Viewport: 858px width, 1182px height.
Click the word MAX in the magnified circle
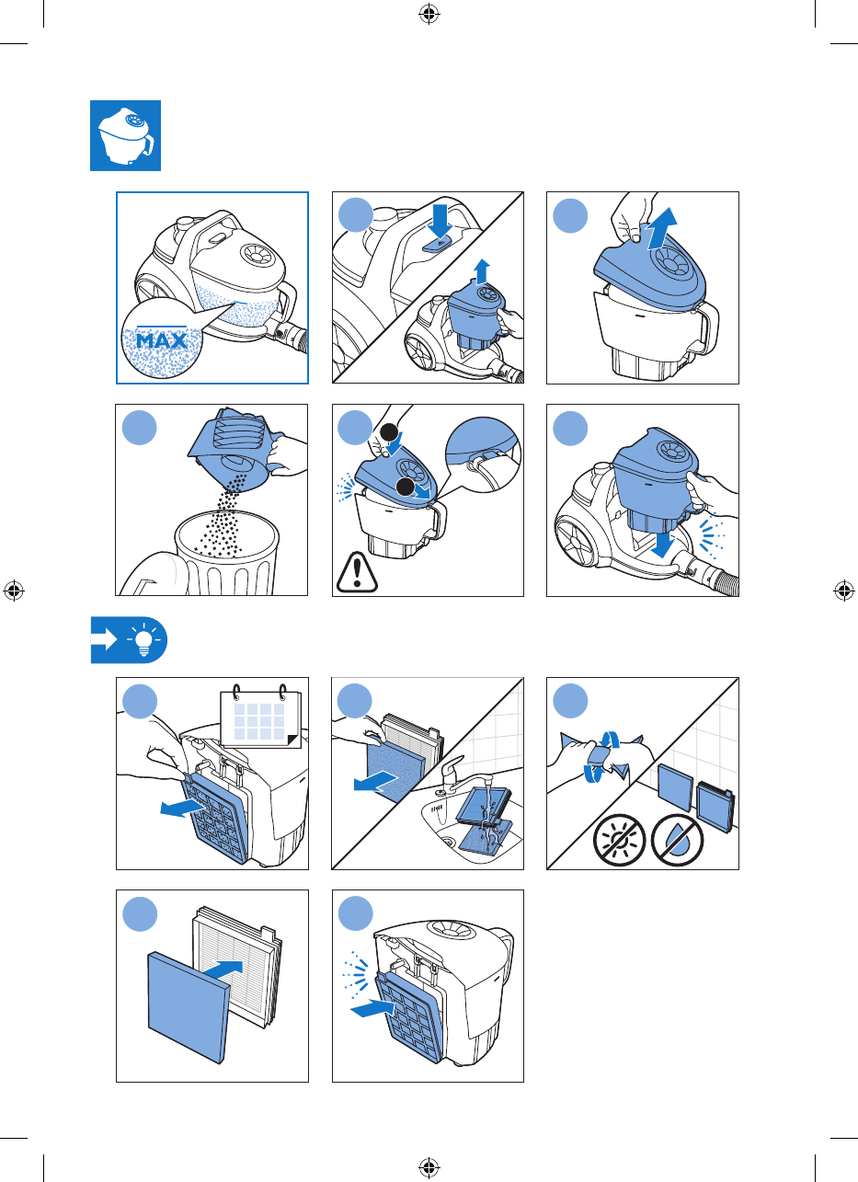162,340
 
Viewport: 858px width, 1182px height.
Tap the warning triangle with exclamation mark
357,572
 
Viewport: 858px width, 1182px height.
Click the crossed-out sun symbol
620,840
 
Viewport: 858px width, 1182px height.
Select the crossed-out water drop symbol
678,840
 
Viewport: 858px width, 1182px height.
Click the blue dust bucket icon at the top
126,135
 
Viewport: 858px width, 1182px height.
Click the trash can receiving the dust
227,553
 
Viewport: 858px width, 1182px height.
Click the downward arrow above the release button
440,222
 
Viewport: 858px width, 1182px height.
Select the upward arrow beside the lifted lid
662,228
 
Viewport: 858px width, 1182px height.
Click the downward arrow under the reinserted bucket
662,544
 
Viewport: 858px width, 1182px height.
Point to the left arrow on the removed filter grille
183,808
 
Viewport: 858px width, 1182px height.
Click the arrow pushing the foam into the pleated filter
223,969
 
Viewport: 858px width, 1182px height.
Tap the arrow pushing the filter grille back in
372,1008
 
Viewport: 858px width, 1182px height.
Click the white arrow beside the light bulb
105,640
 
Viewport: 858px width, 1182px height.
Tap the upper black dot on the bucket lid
389,433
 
